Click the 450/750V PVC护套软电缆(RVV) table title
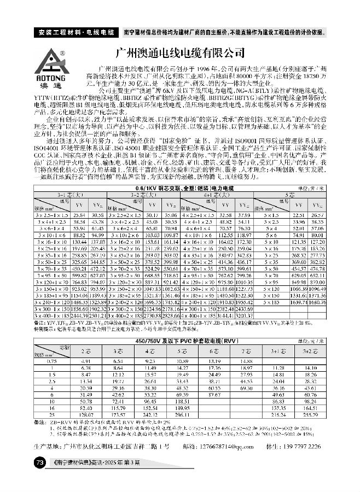180,341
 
